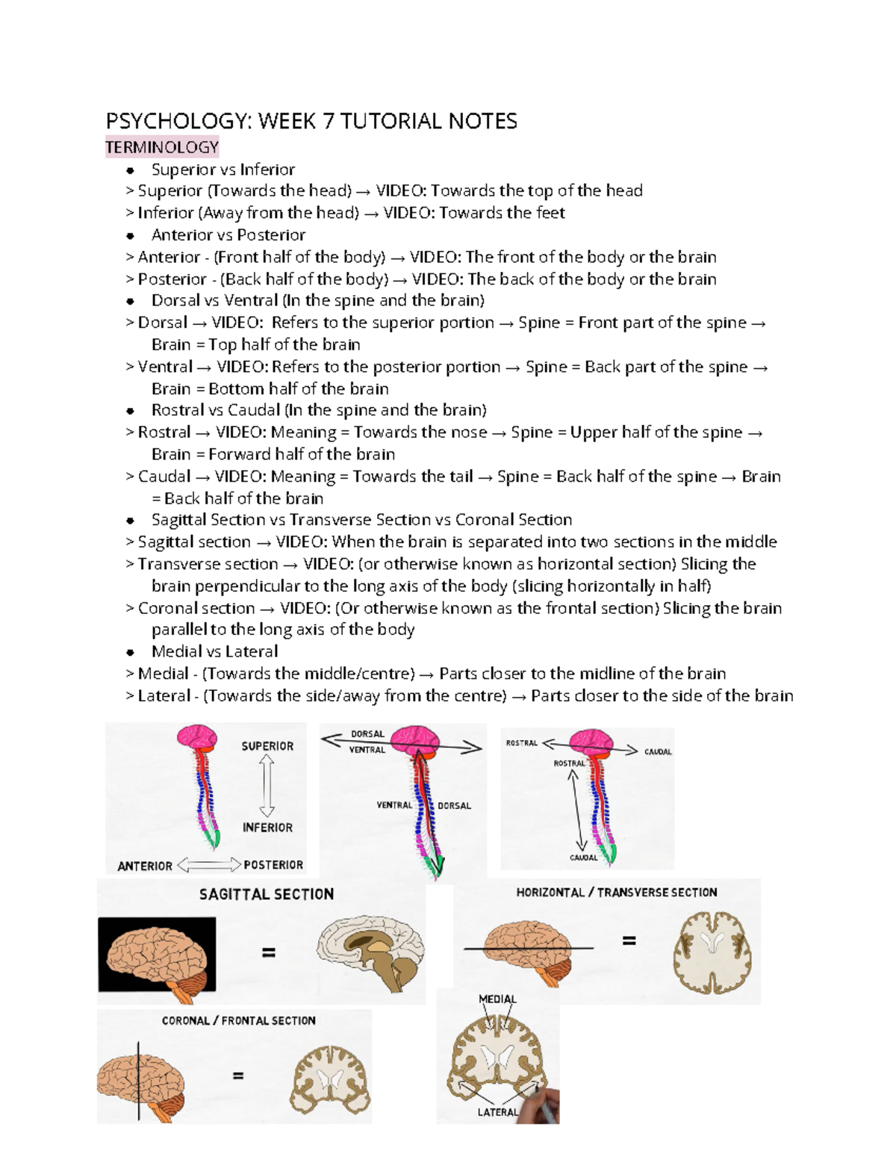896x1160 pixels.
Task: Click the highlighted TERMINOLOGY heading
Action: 162,147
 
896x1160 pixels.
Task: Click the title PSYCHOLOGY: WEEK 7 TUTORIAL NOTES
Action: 311,121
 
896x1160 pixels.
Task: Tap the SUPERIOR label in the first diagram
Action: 267,746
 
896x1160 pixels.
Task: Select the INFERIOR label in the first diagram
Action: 267,828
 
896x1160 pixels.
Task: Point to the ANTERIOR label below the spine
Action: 145,866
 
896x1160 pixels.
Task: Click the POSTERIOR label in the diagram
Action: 273,865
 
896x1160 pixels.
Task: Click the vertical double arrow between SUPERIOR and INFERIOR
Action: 267,787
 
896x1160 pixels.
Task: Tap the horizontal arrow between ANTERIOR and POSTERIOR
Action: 210,865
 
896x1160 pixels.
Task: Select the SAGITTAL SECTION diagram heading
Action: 267,894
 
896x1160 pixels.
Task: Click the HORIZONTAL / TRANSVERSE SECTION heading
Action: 616,893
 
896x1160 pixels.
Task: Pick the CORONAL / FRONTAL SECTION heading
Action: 239,1020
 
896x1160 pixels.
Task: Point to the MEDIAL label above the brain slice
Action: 497,999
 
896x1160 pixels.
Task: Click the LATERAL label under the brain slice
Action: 497,1112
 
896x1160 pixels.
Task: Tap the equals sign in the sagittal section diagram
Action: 268,952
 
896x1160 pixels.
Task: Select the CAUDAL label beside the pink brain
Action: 658,751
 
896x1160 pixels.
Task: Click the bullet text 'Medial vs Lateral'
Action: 214,651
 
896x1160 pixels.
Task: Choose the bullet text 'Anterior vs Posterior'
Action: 228,235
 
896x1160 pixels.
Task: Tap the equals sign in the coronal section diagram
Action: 238,1076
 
